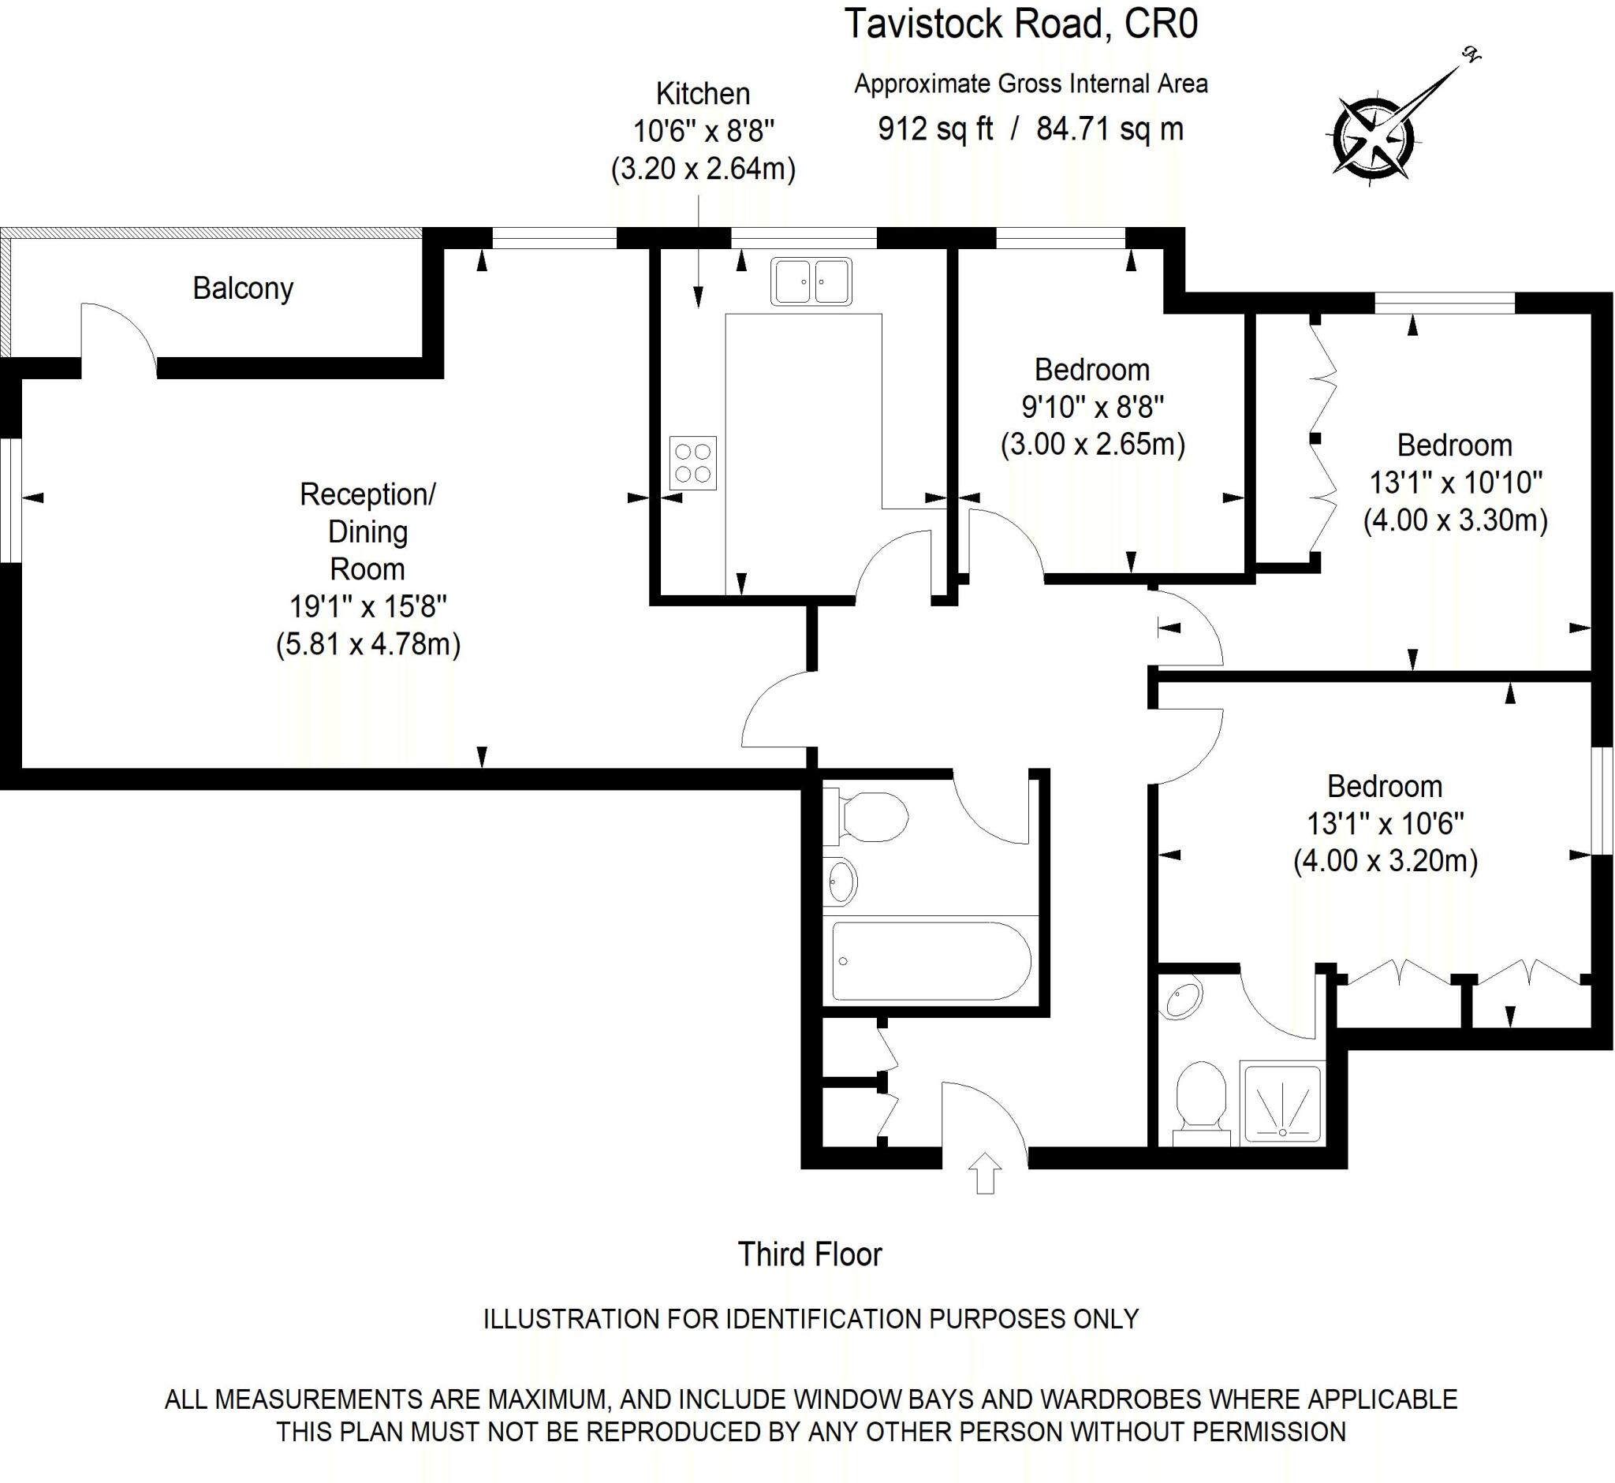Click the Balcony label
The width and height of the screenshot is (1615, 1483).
(x=242, y=288)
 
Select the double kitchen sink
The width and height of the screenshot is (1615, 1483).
(x=811, y=281)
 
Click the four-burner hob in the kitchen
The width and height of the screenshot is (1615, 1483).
(x=692, y=463)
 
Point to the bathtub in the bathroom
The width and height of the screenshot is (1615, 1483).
(x=931, y=960)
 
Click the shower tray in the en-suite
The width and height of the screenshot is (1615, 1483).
(x=1281, y=1104)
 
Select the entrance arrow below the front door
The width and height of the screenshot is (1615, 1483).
(x=986, y=1173)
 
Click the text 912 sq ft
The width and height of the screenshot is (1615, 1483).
(x=935, y=129)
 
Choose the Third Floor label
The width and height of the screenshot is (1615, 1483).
(x=809, y=1254)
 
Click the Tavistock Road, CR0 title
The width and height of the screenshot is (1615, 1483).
(x=1021, y=24)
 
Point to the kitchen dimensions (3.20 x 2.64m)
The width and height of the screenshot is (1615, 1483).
(x=703, y=170)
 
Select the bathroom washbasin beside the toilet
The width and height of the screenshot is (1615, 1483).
(x=841, y=882)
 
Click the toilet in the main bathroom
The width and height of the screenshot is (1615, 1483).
(x=867, y=818)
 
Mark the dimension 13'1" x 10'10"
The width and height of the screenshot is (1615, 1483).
(x=1455, y=483)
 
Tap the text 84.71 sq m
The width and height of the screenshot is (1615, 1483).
(x=1110, y=129)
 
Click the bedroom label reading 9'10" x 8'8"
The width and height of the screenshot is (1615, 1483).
(x=1092, y=407)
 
